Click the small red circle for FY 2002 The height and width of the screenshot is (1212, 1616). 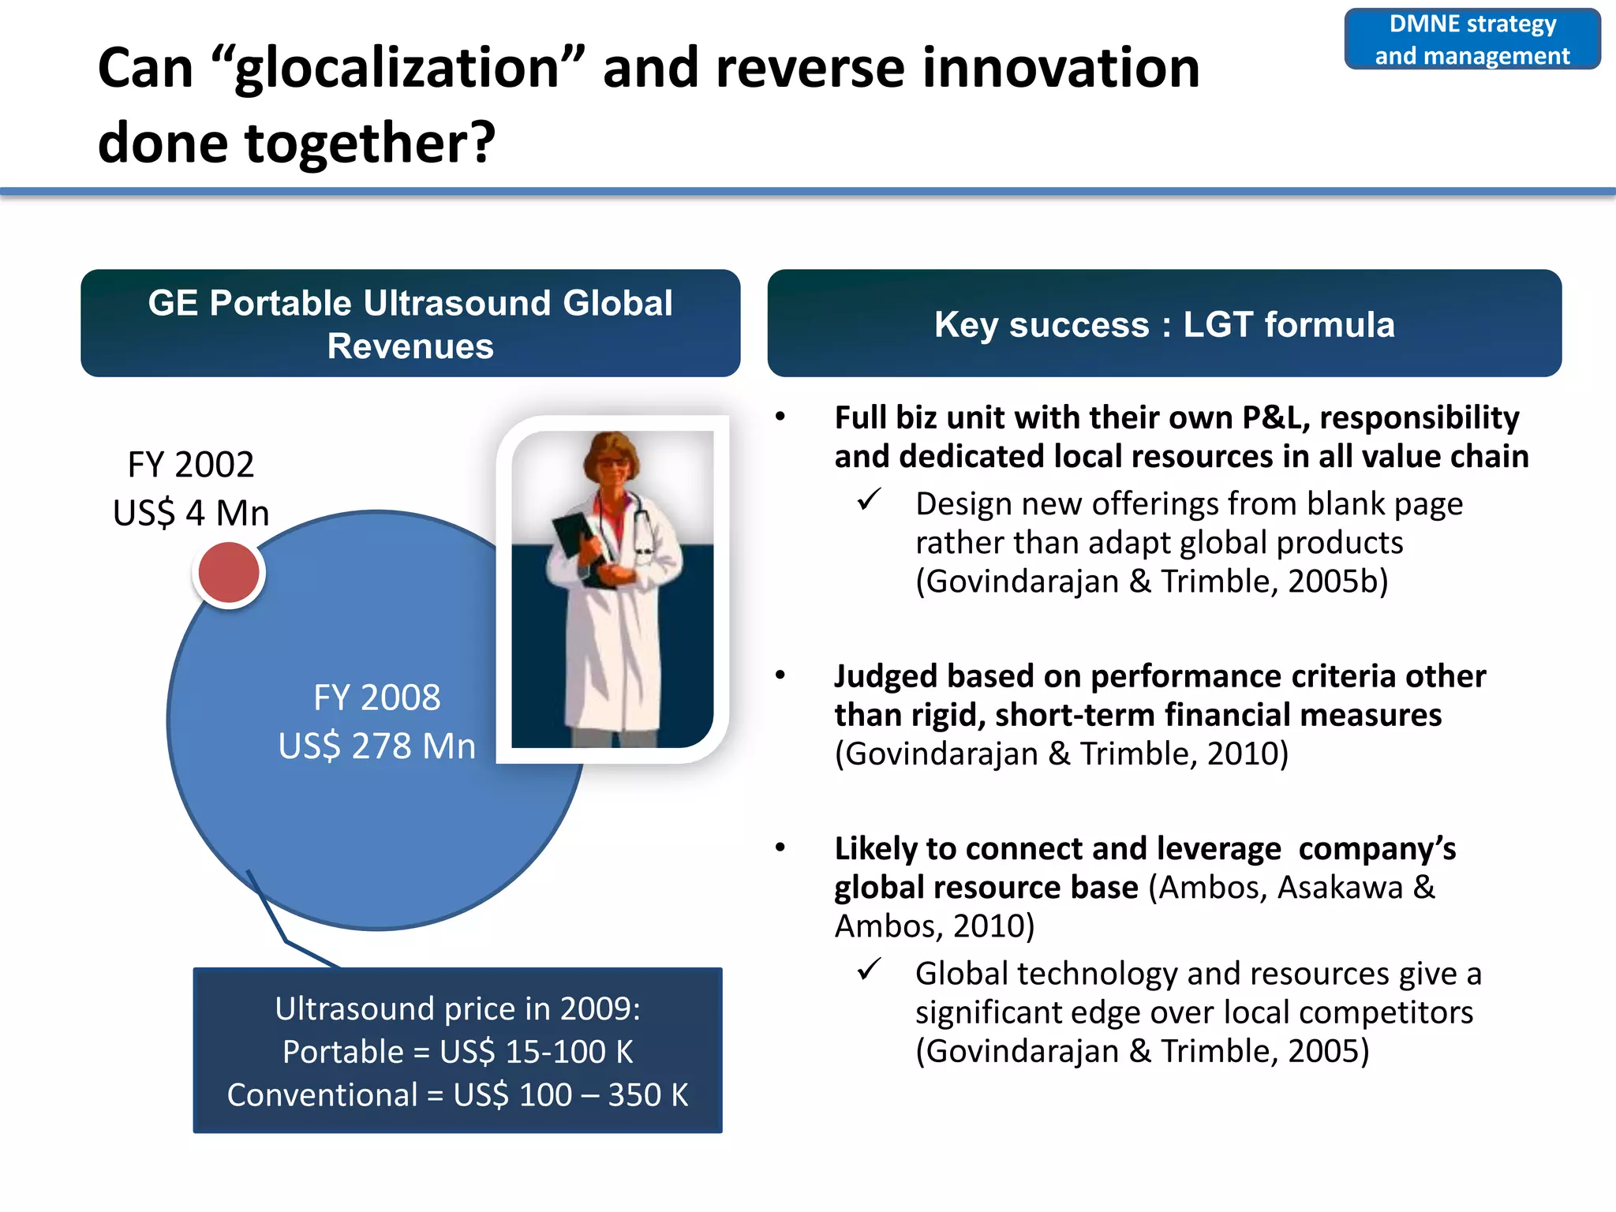[x=229, y=574]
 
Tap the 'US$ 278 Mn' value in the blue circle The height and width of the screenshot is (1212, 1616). [x=377, y=746]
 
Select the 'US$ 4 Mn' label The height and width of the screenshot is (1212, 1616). [x=191, y=514]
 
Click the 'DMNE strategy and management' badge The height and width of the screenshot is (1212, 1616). [x=1472, y=39]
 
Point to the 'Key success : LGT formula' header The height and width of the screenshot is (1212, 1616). [x=1164, y=324]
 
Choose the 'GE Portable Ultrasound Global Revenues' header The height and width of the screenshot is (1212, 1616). [x=410, y=324]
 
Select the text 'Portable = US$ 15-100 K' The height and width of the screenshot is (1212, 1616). [x=458, y=1052]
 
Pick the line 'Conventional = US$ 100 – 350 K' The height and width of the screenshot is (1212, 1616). [x=458, y=1095]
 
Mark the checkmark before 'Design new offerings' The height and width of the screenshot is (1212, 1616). [x=869, y=500]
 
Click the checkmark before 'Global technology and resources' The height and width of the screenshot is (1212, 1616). [x=869, y=970]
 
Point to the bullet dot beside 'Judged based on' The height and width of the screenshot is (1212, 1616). [x=780, y=675]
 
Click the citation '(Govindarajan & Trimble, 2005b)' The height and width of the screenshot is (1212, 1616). [x=1151, y=582]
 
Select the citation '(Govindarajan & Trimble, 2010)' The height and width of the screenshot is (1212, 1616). [x=1061, y=754]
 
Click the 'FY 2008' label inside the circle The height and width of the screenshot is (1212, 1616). [x=377, y=698]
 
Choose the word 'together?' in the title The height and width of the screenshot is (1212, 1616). [x=371, y=144]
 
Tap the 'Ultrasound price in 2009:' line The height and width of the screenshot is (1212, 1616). [x=458, y=1009]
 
